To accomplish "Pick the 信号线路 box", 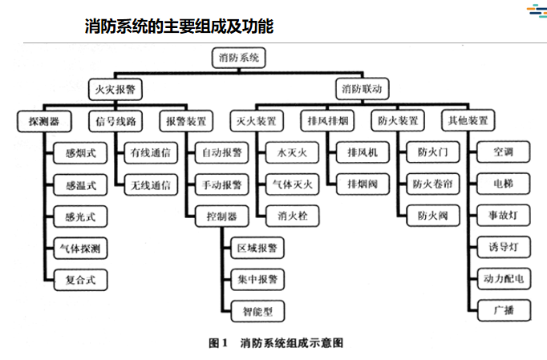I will tap(115, 121).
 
